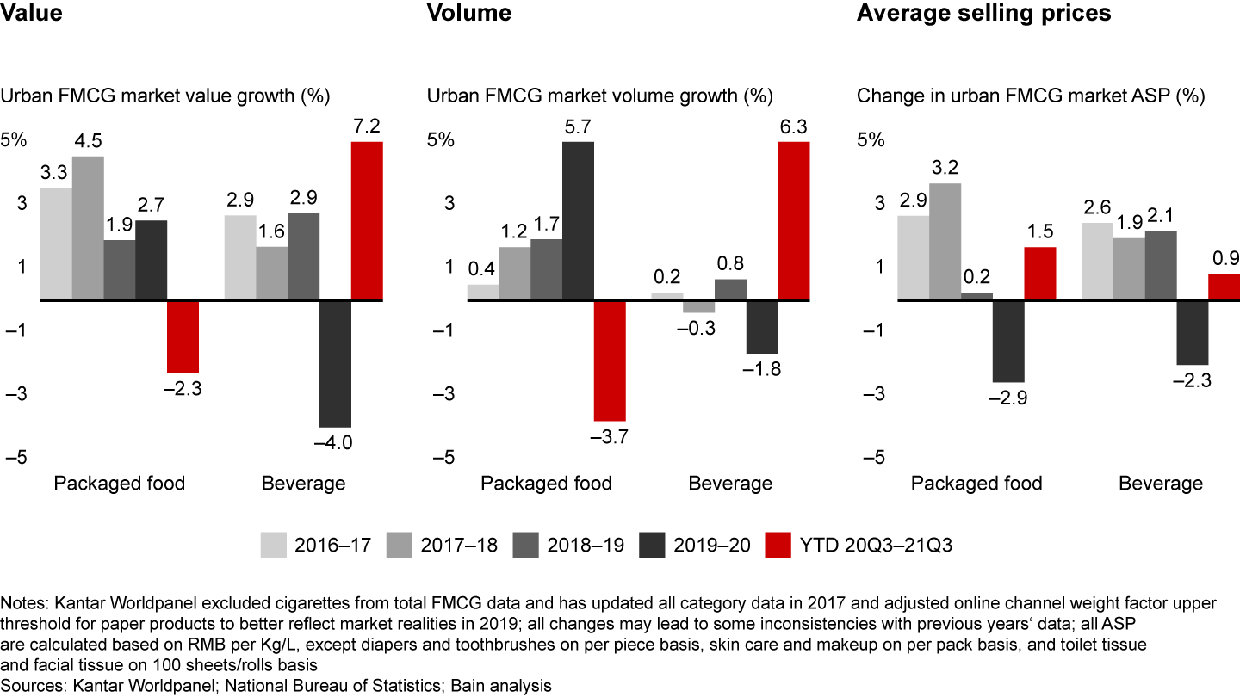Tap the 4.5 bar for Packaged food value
coord(88,229)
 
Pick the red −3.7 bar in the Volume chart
coord(610,361)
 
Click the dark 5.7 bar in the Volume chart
coord(578,221)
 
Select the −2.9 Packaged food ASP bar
coord(1008,341)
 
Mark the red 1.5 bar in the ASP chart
coord(1039,274)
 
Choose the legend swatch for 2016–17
coord(274,545)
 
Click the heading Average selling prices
coord(983,13)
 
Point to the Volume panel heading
coord(469,13)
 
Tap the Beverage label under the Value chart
coord(303,483)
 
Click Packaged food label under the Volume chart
coord(546,483)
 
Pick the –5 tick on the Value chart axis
coord(17,457)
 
